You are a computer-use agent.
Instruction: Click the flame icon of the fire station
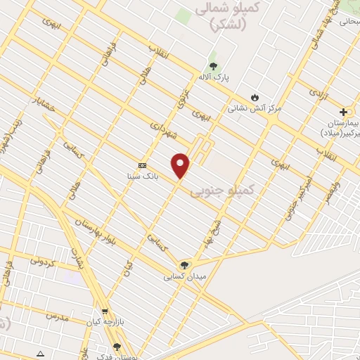(255, 98)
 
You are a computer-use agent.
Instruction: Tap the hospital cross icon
(343, 112)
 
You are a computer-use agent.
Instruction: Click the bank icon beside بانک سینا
(143, 165)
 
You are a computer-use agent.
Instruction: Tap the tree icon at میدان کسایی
(184, 265)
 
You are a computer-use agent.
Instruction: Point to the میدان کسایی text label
(186, 276)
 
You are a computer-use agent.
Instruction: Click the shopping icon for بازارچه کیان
(105, 311)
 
